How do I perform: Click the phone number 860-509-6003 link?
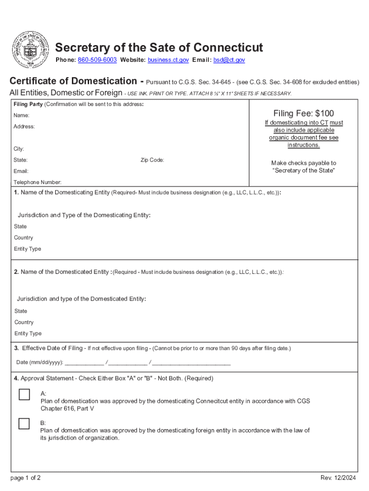(x=97, y=60)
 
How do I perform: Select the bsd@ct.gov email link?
(x=229, y=60)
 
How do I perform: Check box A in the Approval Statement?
(x=24, y=395)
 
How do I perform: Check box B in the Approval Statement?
(x=24, y=423)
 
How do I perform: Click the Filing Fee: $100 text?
(x=303, y=114)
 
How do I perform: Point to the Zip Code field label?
(x=152, y=160)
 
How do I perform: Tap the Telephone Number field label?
(x=37, y=182)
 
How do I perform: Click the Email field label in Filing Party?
(x=21, y=171)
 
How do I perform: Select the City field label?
(x=19, y=149)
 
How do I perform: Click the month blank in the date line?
(x=84, y=362)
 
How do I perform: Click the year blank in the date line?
(x=191, y=362)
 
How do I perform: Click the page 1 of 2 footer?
(x=25, y=478)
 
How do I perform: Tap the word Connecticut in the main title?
(x=224, y=48)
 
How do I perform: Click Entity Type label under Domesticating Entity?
(x=28, y=249)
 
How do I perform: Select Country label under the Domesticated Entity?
(x=24, y=322)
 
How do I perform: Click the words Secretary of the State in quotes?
(x=303, y=171)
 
